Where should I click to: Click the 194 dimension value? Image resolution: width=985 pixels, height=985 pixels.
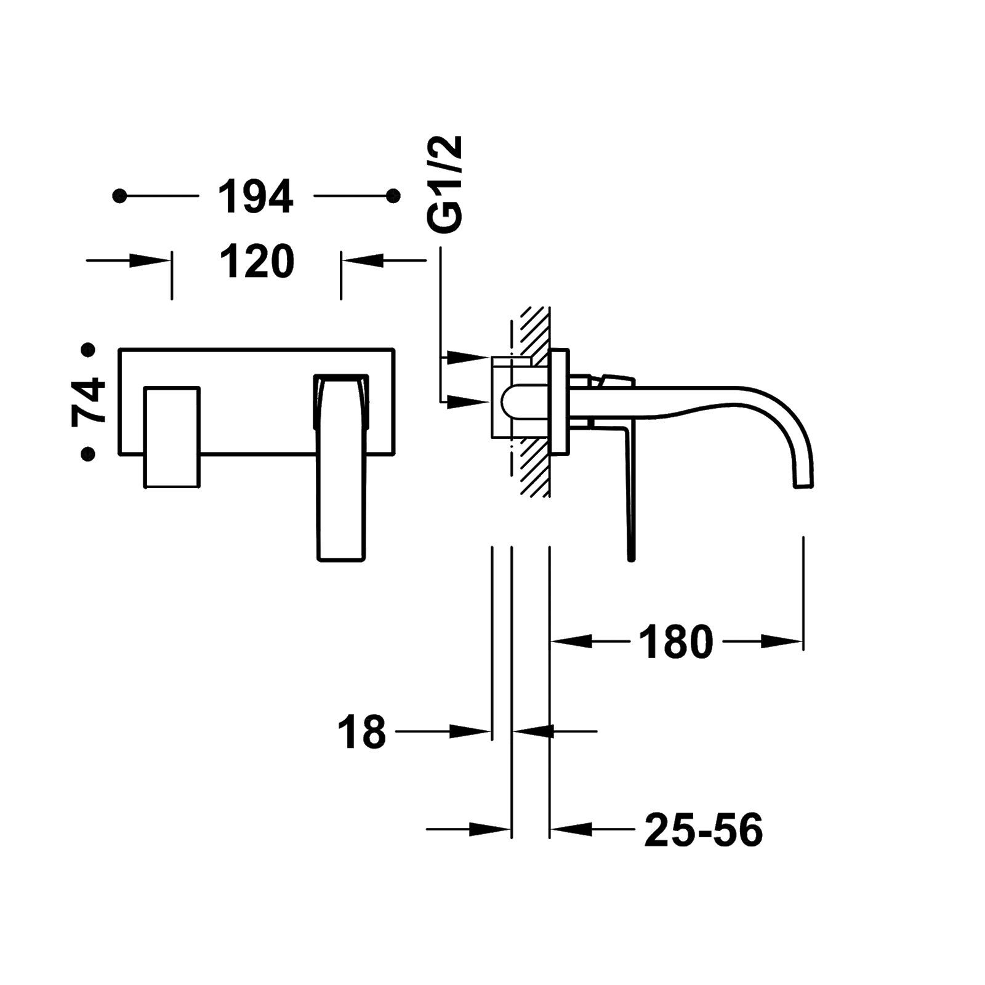pyautogui.click(x=256, y=196)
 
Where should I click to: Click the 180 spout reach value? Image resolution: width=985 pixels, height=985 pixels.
pyautogui.click(x=676, y=641)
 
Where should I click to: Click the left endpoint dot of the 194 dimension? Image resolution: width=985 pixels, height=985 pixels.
pyautogui.click(x=120, y=196)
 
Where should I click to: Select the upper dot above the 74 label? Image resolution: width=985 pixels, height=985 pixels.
pyautogui.click(x=89, y=350)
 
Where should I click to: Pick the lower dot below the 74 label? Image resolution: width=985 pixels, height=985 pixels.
pyautogui.click(x=89, y=454)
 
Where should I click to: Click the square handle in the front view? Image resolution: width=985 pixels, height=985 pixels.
pyautogui.click(x=172, y=436)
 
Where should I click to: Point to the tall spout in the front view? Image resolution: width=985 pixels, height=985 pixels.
pyautogui.click(x=343, y=468)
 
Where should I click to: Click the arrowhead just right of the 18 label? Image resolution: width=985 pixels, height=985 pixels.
pyautogui.click(x=471, y=731)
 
